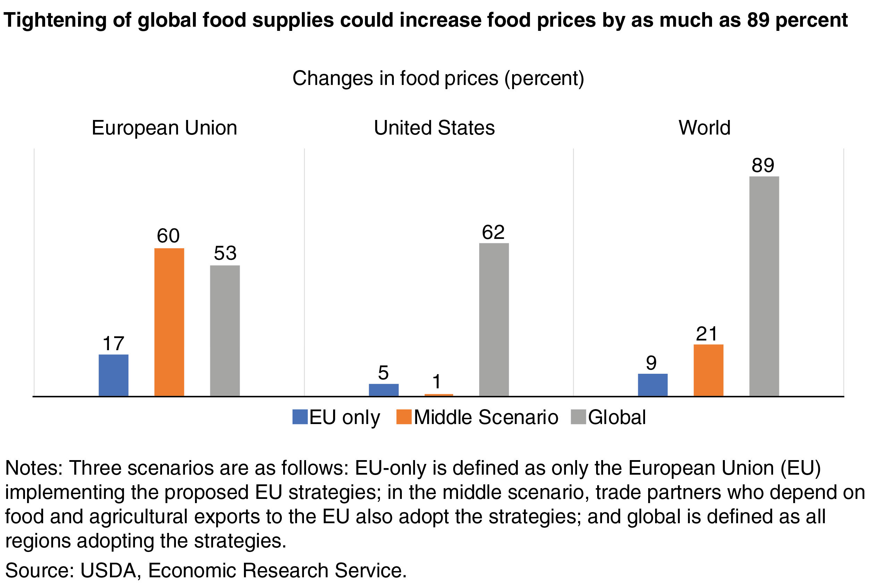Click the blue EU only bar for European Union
tap(113, 375)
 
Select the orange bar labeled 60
tap(169, 322)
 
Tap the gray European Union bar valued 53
tap(225, 330)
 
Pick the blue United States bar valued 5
tap(383, 390)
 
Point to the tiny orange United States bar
tap(439, 395)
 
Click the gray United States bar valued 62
tap(494, 319)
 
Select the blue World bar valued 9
tap(653, 385)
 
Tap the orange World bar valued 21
tap(708, 370)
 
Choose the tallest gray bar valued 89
tap(764, 286)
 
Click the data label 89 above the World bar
tap(763, 165)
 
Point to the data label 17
tap(113, 343)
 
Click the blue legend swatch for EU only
tap(300, 417)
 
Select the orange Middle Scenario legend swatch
tap(404, 417)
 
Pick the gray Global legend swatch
tap(578, 417)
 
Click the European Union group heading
tap(164, 128)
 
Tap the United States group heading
tap(434, 128)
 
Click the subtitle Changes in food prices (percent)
tap(438, 79)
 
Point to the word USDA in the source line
tap(108, 570)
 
